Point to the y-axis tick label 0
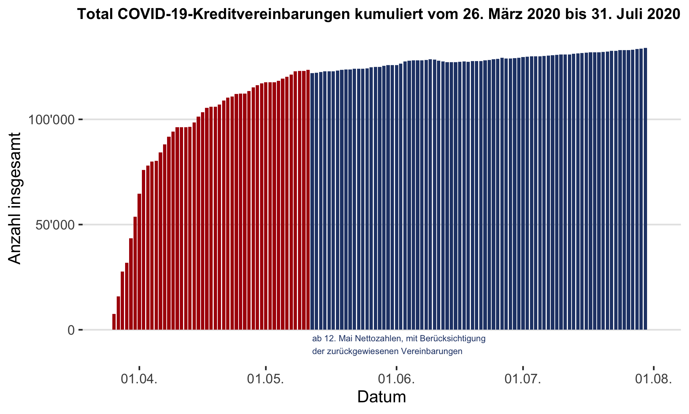[x=71, y=330]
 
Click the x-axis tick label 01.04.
[x=139, y=379]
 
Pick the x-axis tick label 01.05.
[x=266, y=379]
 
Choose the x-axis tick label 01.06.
[x=396, y=379]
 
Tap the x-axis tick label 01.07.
[x=523, y=379]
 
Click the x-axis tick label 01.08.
[x=653, y=379]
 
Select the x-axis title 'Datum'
[x=382, y=397]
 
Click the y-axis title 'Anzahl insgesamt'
[x=15, y=198]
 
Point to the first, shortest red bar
[x=114, y=322]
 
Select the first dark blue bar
[x=312, y=201]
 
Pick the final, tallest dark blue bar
[x=645, y=189]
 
